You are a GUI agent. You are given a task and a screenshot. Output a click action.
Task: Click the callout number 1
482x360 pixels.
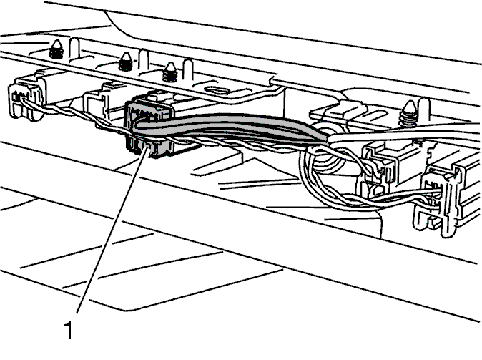(69, 329)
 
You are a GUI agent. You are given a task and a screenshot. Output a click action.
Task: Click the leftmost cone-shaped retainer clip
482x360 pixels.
(56, 49)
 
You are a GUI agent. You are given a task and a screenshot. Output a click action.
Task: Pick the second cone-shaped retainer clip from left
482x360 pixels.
(125, 62)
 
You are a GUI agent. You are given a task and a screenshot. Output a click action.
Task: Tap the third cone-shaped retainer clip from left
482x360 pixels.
(170, 72)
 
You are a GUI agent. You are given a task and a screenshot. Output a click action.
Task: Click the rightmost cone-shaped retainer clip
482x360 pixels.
(410, 113)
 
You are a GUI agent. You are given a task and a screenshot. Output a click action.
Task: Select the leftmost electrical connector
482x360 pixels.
(26, 98)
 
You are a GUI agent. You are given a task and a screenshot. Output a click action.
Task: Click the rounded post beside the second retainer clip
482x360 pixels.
(143, 60)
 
